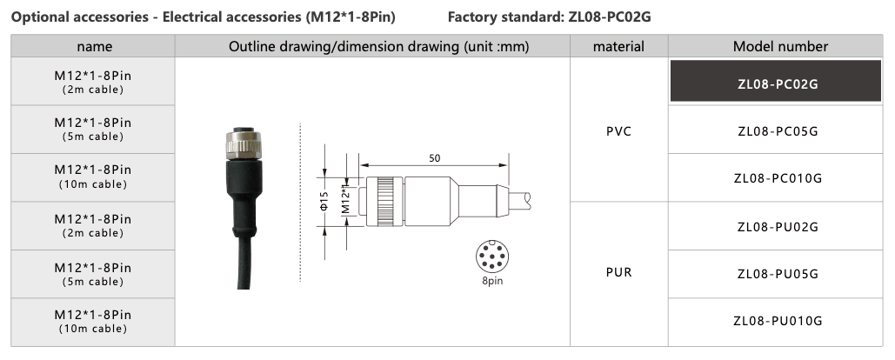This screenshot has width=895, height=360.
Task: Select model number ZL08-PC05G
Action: click(778, 132)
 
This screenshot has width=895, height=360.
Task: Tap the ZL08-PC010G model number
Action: click(778, 178)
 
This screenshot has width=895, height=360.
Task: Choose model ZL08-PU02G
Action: click(778, 227)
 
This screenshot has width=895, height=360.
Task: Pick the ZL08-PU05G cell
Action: click(778, 275)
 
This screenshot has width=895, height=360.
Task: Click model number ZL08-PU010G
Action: click(778, 321)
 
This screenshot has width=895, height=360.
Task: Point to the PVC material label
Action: click(618, 132)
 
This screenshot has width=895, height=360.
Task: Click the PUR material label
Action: click(618, 273)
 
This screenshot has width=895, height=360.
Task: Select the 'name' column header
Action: click(94, 47)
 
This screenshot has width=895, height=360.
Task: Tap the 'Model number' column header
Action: click(780, 47)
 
